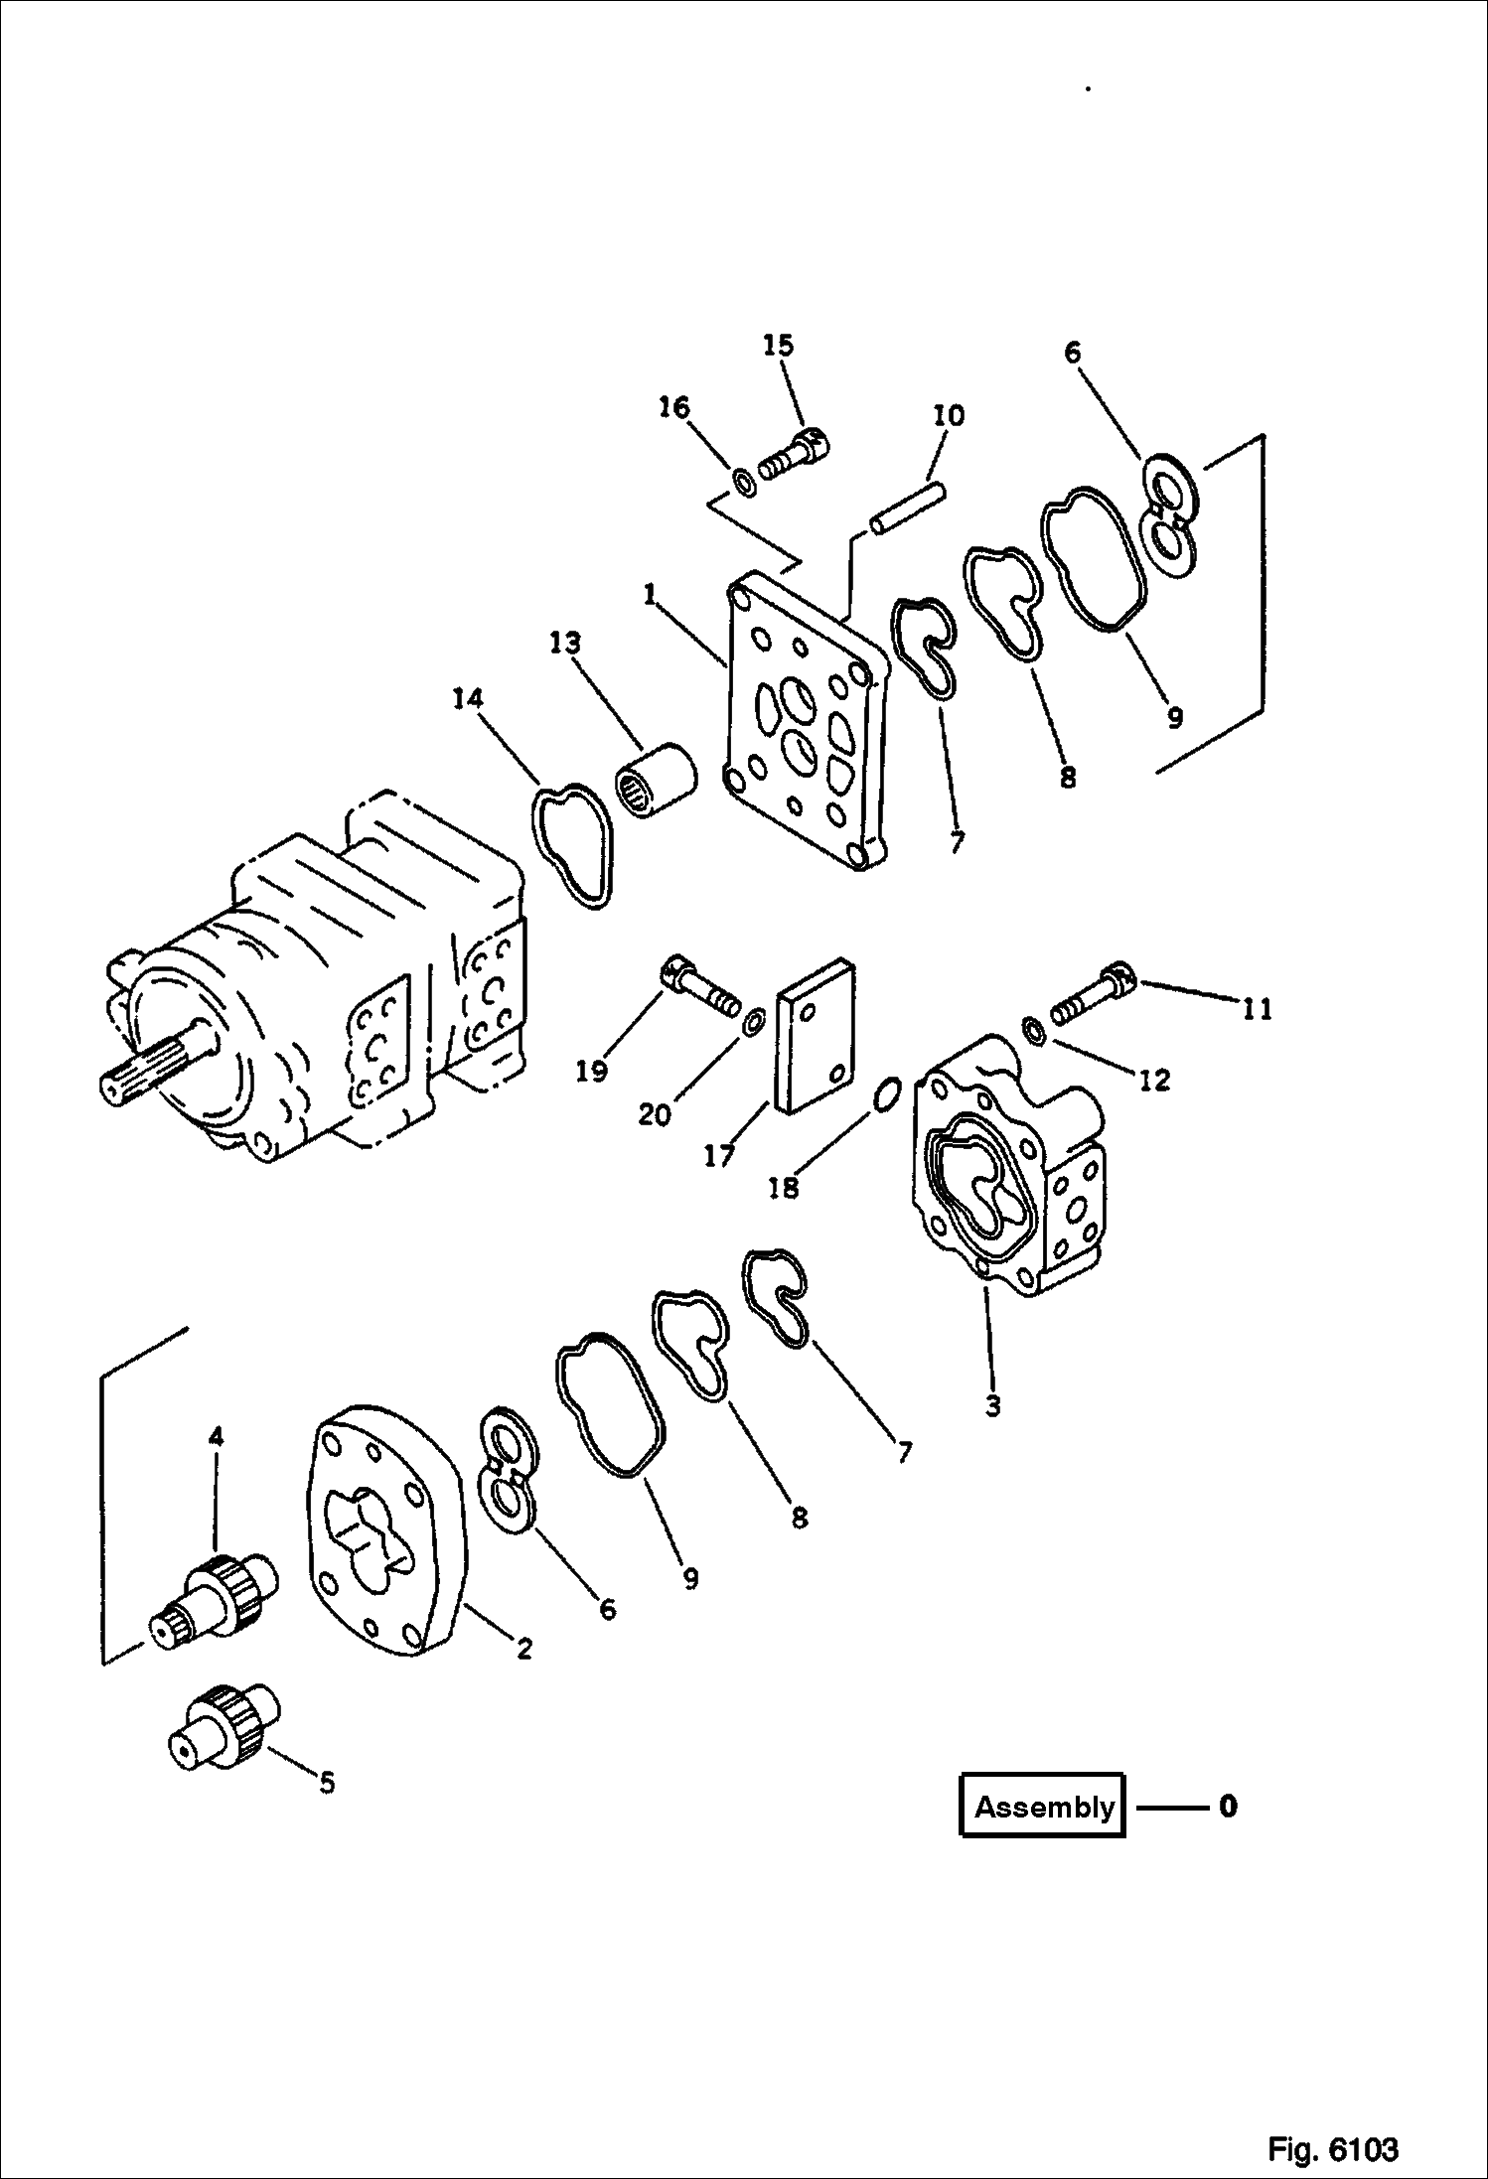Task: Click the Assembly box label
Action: [1042, 1805]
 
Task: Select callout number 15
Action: [779, 345]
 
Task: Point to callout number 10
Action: [949, 415]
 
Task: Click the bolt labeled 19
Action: [701, 987]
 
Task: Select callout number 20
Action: [654, 1115]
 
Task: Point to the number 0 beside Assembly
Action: [1228, 1806]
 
